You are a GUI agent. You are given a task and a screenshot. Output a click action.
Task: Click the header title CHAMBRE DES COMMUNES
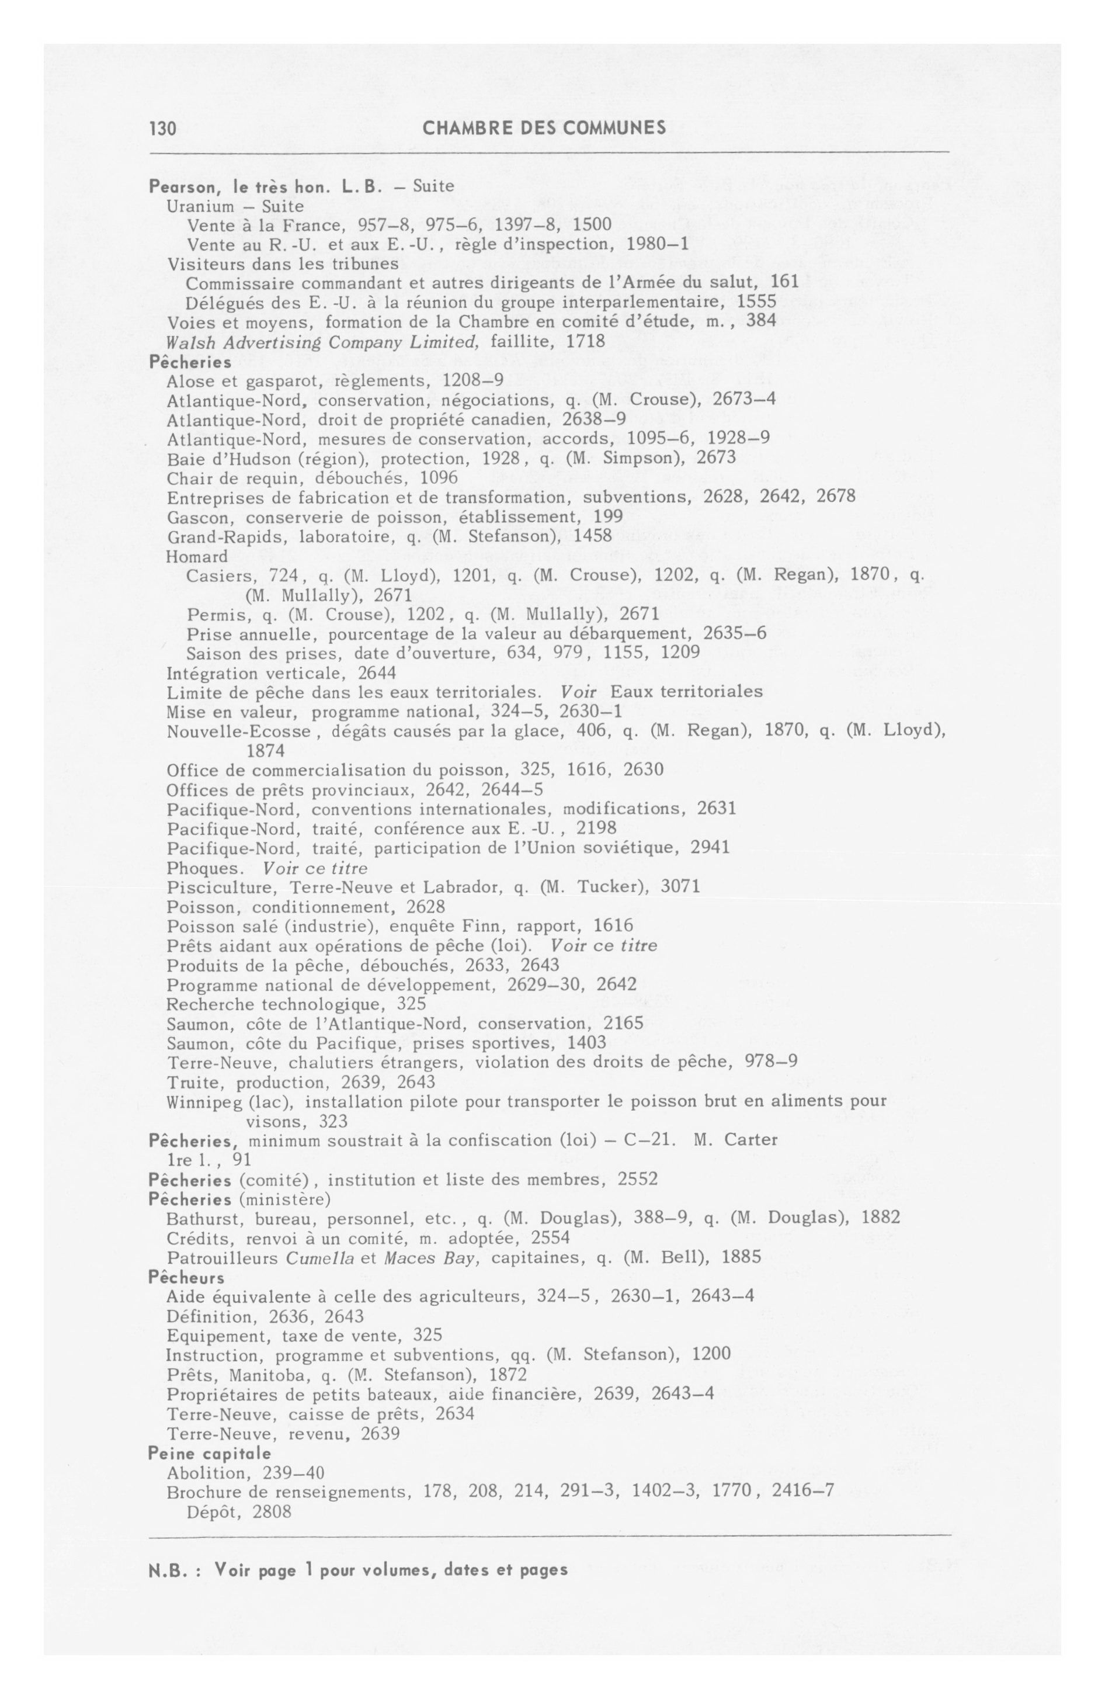tap(544, 128)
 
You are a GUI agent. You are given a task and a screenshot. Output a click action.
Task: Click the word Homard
tap(196, 556)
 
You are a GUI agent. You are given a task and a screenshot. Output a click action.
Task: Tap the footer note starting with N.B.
tap(357, 1570)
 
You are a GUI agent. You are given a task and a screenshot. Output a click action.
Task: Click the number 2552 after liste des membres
tap(637, 1179)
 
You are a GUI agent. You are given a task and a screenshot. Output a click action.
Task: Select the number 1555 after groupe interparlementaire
tap(756, 302)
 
